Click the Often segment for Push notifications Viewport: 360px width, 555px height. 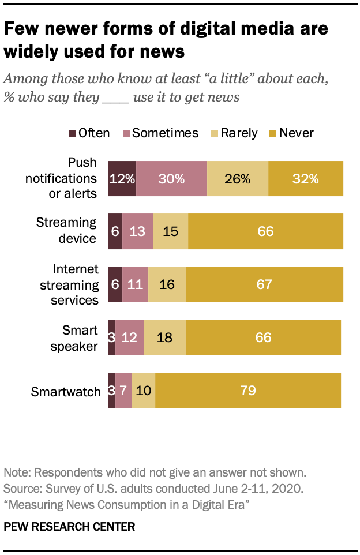122,179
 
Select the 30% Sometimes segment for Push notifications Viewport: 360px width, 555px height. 171,179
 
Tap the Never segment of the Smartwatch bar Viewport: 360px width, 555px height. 248,391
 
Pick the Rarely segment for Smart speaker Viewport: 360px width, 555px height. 165,336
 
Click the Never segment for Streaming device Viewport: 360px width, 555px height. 265,231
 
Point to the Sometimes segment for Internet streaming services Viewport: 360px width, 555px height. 136,284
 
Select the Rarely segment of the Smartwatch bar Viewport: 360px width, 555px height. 143,391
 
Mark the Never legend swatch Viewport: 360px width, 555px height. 273,133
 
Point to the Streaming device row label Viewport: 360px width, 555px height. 66,230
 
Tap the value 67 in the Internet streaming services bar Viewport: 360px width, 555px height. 264,284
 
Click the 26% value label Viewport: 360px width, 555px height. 237,179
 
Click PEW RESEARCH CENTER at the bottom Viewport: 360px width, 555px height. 70,526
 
